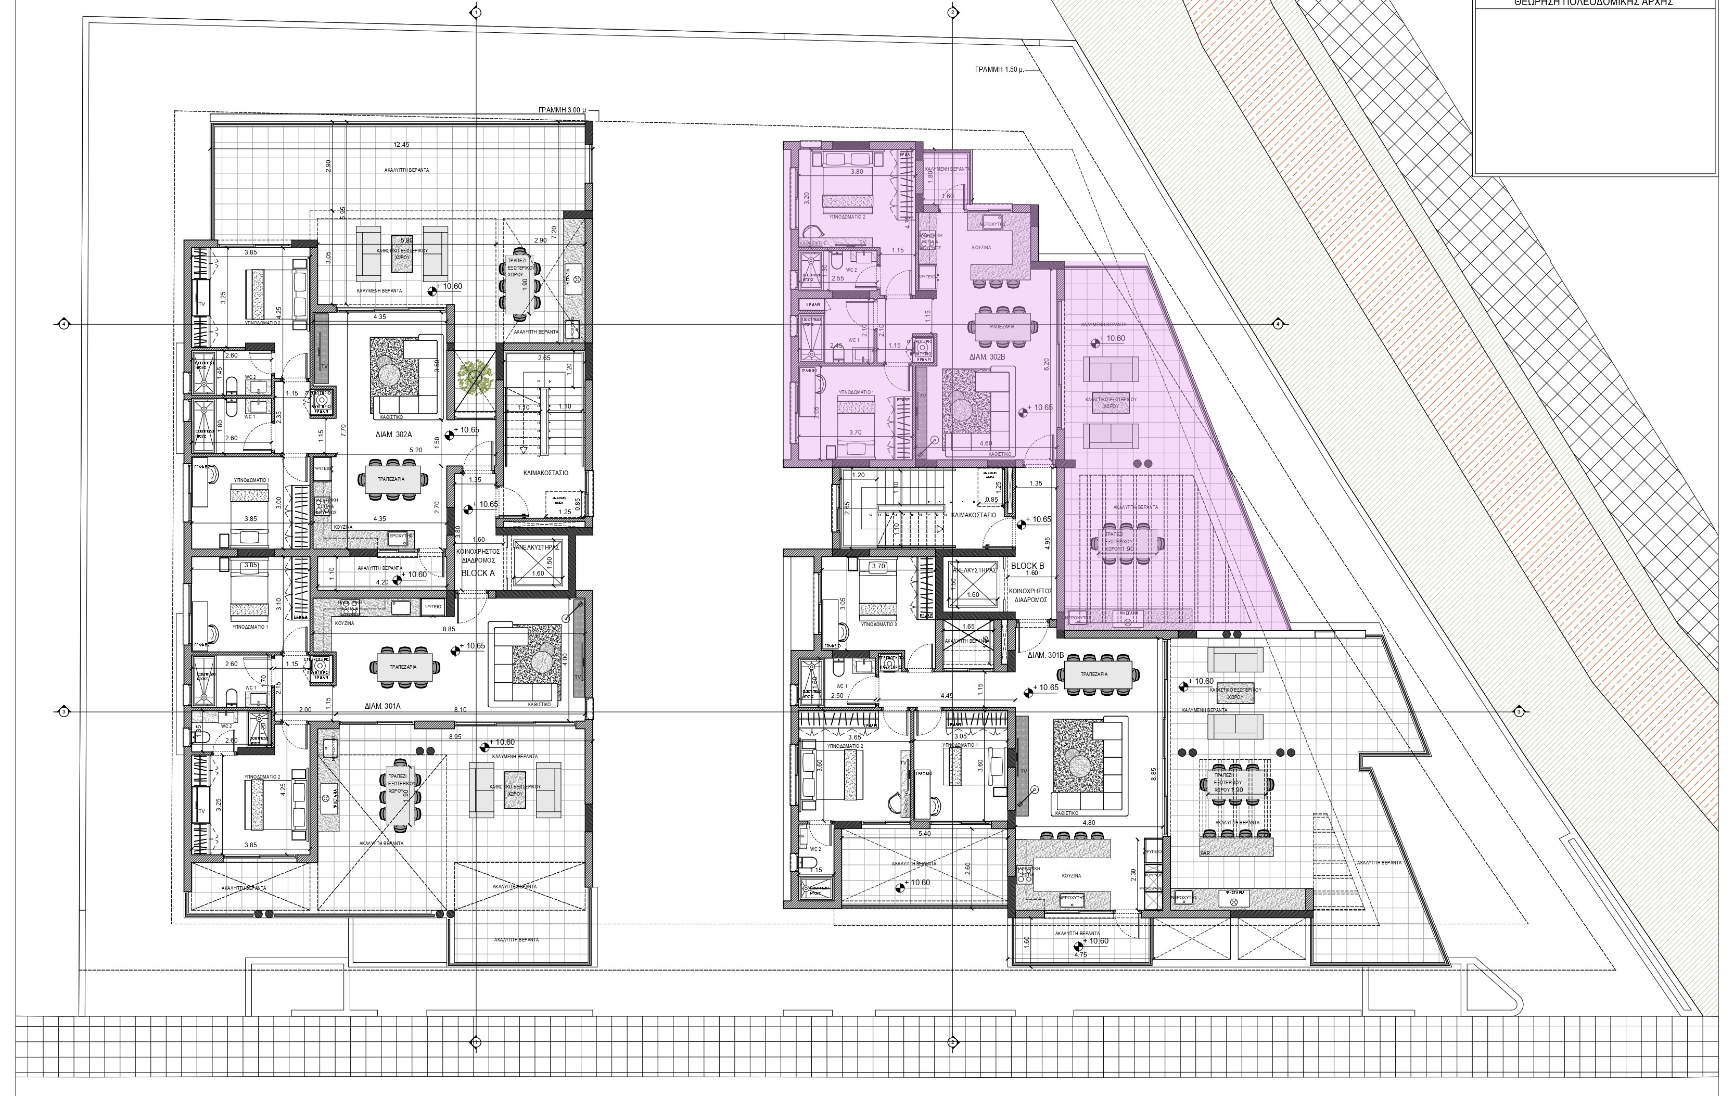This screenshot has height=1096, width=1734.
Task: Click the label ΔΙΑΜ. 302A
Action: tap(393, 434)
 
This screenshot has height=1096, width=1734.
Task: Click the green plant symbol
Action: tap(475, 377)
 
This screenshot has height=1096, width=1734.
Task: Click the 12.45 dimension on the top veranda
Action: tap(401, 145)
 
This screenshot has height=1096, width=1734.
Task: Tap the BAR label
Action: tap(1205, 853)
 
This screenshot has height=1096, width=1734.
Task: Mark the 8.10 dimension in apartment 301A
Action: tap(460, 709)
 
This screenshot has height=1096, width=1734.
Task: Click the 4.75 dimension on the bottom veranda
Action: tap(1080, 955)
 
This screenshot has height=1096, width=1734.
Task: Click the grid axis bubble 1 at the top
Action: tap(475, 12)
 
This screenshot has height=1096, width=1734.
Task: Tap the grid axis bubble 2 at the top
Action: tap(952, 12)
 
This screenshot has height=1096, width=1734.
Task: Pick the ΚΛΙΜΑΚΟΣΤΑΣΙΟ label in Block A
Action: tap(545, 473)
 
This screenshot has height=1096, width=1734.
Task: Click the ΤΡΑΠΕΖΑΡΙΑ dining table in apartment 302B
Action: tap(1001, 327)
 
